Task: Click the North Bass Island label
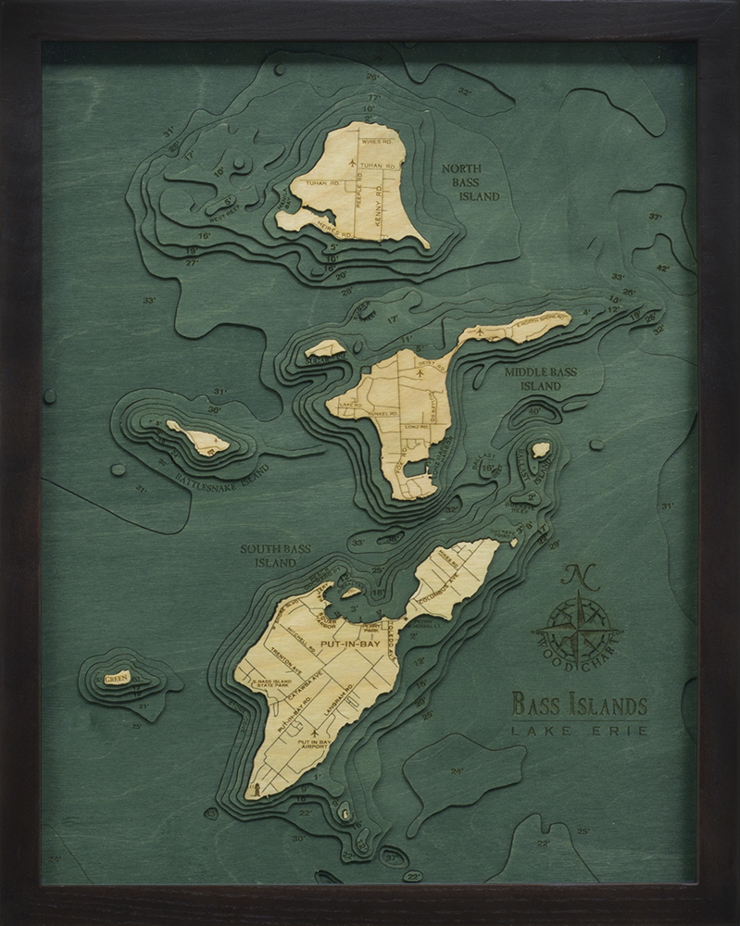[470, 182]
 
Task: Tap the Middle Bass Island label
[540, 379]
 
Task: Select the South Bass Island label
[275, 555]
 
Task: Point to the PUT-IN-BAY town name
[345, 640]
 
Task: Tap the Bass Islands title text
[579, 706]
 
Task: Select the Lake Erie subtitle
[579, 732]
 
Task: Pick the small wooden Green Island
[118, 678]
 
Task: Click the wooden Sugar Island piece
[325, 349]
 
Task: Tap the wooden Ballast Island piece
[541, 450]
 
